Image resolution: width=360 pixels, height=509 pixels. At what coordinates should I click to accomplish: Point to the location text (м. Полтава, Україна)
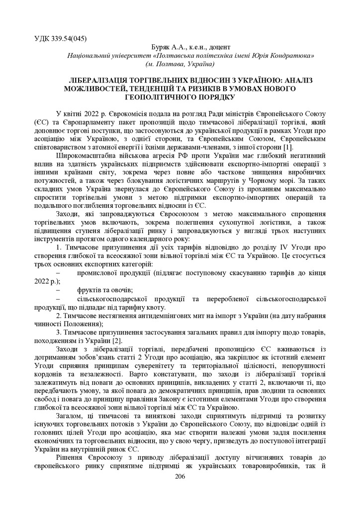[180, 65]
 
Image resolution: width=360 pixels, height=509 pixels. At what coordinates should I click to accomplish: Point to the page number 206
[180, 477]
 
